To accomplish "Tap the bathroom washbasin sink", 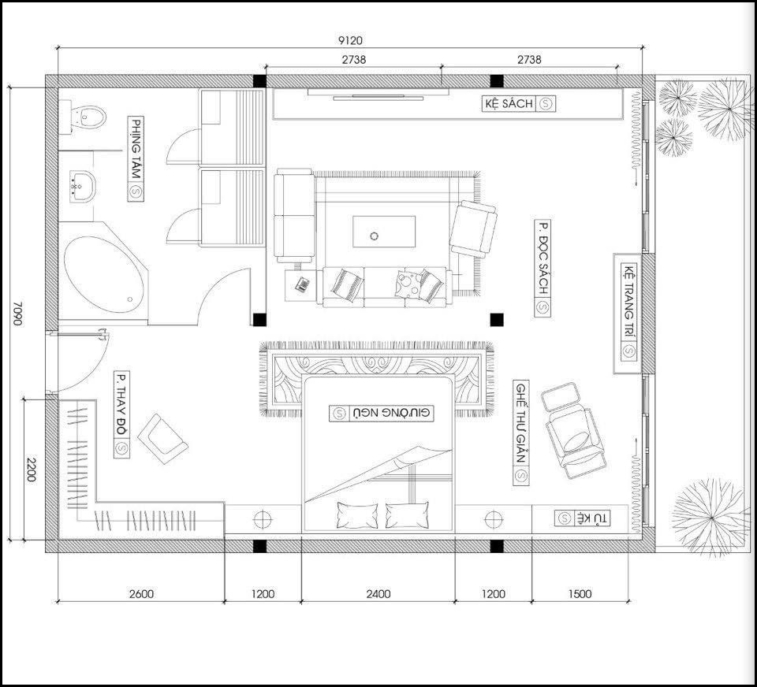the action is coord(83,186).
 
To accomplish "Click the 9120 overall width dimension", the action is coord(350,41).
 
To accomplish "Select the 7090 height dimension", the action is coord(17,314).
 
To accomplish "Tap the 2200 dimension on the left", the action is coord(30,470).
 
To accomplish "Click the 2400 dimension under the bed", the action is coord(378,594).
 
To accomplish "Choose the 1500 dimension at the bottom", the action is coord(580,594).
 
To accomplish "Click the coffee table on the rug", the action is coord(384,232).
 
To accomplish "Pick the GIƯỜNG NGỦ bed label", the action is coord(382,414).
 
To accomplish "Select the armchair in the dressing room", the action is coord(162,439).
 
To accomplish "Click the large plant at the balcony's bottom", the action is coord(711,518).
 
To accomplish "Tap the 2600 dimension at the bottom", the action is coord(141,594).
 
